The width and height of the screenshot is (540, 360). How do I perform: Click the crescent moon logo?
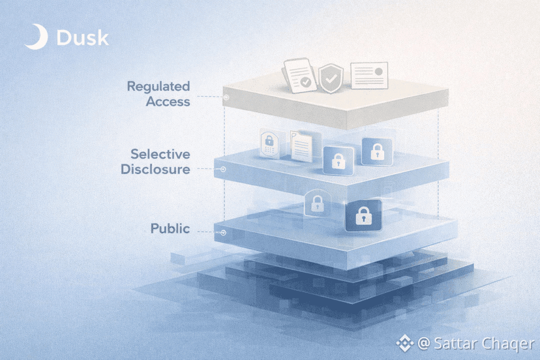point(35,37)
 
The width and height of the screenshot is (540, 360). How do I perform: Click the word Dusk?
point(83,38)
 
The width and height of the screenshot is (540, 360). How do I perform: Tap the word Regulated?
point(158,86)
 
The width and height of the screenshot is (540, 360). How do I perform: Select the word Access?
point(168,102)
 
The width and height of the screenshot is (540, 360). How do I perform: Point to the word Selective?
point(160,155)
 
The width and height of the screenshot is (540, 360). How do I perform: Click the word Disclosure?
point(155,170)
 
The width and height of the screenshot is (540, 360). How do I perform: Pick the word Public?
point(170,228)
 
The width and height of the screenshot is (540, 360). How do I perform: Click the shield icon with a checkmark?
point(331,78)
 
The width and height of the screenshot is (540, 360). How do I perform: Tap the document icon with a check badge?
point(299,75)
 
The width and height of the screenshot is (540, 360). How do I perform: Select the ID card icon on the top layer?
point(369,76)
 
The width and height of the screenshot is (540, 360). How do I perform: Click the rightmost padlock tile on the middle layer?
point(376,152)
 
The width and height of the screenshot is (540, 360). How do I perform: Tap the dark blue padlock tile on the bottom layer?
point(363,216)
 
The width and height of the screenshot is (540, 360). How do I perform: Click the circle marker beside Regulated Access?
point(226,98)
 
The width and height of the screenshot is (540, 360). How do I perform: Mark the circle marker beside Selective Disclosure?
point(223,169)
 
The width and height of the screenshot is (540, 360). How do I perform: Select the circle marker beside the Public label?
point(223,232)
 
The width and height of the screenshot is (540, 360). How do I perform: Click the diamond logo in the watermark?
point(406,342)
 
